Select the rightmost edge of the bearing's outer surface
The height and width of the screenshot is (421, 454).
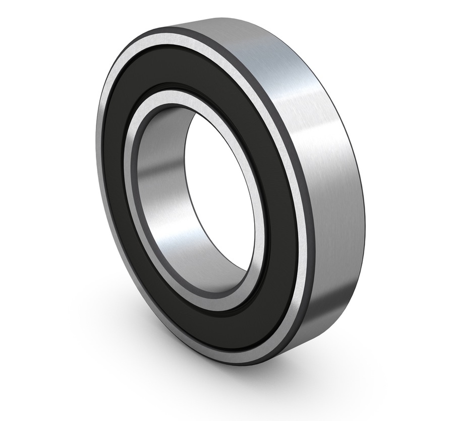[x=364, y=212]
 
